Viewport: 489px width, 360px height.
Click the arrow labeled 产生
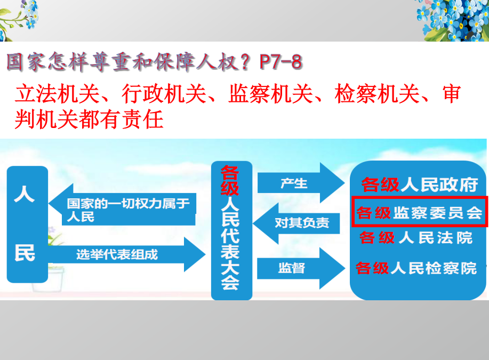pos(300,183)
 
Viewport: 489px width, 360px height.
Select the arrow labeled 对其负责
pos(296,223)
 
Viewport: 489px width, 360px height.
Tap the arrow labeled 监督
pos(300,268)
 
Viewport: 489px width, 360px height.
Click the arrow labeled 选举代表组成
pos(126,254)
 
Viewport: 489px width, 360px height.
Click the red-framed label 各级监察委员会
pos(420,212)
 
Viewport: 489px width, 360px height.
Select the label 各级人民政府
pos(420,185)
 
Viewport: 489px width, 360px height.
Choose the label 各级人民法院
pos(416,238)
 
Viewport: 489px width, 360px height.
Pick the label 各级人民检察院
pos(416,268)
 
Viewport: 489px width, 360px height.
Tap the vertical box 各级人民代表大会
pos(231,230)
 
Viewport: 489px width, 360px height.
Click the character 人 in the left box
pos(25,194)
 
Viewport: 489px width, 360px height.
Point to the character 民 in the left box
pos(25,252)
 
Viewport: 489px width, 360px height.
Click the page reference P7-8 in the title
pos(280,61)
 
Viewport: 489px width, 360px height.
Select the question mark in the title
pos(246,61)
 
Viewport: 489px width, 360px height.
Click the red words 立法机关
pos(57,93)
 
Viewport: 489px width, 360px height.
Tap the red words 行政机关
pos(164,93)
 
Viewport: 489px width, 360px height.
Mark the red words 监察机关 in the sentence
pos(271,93)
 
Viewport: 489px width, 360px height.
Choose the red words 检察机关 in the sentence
pos(377,93)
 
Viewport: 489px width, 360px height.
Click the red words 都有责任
pos(121,119)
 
